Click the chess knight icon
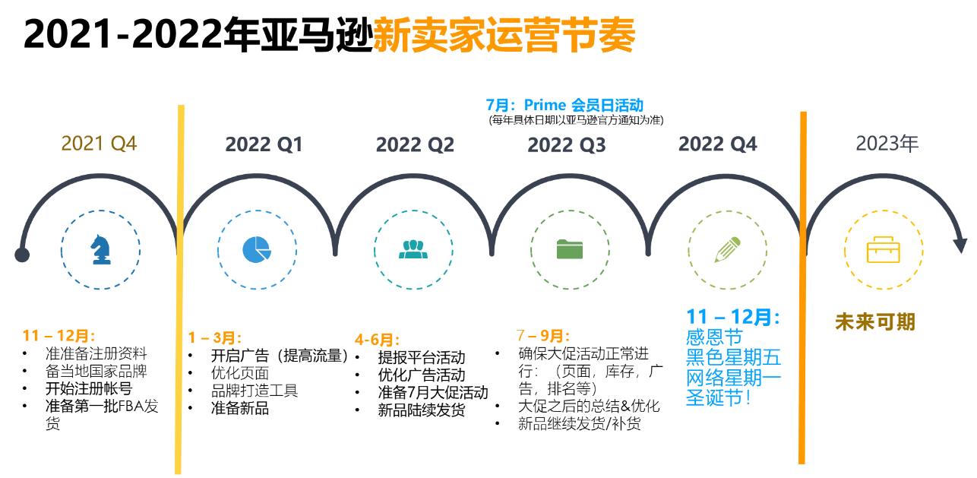(x=101, y=249)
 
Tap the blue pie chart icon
(x=257, y=249)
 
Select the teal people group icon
(x=413, y=249)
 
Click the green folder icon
(x=570, y=249)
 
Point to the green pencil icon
(x=727, y=249)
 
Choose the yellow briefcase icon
(x=884, y=250)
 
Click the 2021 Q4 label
(x=99, y=144)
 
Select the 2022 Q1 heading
(x=264, y=144)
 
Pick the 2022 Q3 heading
(x=567, y=145)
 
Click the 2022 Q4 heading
(x=717, y=144)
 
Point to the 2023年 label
(x=887, y=144)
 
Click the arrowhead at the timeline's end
(x=960, y=245)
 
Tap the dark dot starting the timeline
(x=22, y=255)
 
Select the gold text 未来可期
(x=875, y=322)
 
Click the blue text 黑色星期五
(x=733, y=357)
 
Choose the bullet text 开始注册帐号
(x=89, y=388)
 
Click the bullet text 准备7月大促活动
(x=433, y=392)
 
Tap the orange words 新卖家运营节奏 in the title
(x=504, y=35)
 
